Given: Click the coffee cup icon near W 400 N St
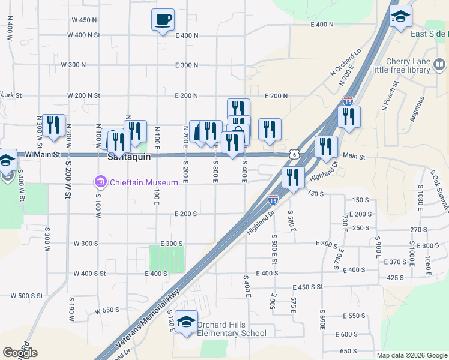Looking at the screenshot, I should pos(163,20).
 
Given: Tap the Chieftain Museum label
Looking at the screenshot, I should pos(143,182).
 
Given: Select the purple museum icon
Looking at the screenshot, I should pos(100,182).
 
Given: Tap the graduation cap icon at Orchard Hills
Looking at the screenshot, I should pos(186,323).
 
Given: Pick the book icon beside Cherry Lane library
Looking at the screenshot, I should pos(439,64).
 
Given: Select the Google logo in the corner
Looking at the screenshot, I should pos(20,353).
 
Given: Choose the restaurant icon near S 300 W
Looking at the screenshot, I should pos(53,125).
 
